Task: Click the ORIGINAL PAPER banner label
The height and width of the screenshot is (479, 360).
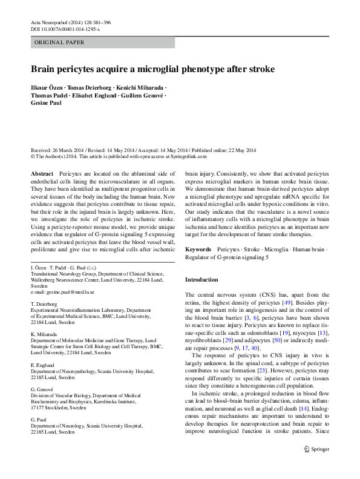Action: [59, 42]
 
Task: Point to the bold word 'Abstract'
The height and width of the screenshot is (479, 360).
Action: [42, 174]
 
